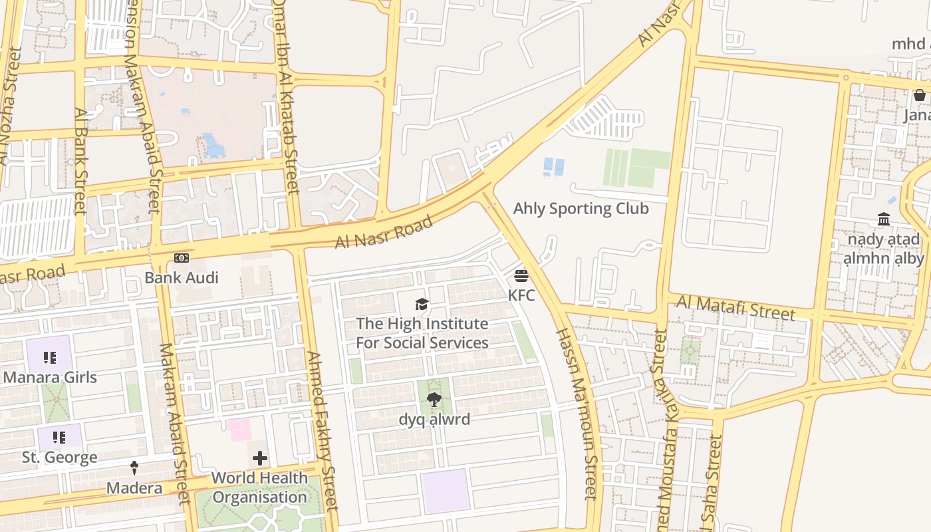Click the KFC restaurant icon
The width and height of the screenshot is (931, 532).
pos(521,275)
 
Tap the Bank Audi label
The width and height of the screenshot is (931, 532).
pos(182,277)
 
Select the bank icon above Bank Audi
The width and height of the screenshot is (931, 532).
pos(182,258)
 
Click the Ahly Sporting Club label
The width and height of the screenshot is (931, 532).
pos(581,209)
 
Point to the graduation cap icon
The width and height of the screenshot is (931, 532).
pos(422,305)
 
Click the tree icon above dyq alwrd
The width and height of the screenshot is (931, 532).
pos(434,400)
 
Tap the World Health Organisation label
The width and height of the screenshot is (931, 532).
pos(259,487)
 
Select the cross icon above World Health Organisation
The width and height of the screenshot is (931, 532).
pos(260,458)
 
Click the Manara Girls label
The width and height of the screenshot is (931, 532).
pos(50,378)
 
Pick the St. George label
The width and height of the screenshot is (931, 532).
pos(59,458)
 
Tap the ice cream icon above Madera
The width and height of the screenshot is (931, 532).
pos(134,468)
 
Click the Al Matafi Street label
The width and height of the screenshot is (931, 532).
pos(735,309)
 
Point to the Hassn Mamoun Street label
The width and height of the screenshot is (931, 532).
pos(576,412)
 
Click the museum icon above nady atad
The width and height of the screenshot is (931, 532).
pos(884,219)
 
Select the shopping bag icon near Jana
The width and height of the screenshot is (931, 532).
pos(919,95)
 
